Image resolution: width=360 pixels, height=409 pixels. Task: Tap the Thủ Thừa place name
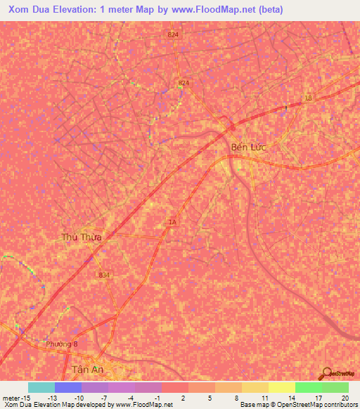point(82,238)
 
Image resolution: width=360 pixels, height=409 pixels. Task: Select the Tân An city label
point(89,370)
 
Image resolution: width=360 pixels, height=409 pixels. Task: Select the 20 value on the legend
point(345,398)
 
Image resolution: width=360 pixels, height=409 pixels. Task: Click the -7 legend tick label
point(103,398)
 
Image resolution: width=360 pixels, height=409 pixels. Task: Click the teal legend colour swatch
point(41,387)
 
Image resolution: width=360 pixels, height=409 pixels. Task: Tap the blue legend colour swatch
point(68,387)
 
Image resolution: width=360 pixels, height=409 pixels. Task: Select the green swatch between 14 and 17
point(309,387)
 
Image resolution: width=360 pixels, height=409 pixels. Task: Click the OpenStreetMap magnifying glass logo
point(326,372)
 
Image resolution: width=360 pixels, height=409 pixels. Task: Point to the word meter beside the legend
point(11,398)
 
